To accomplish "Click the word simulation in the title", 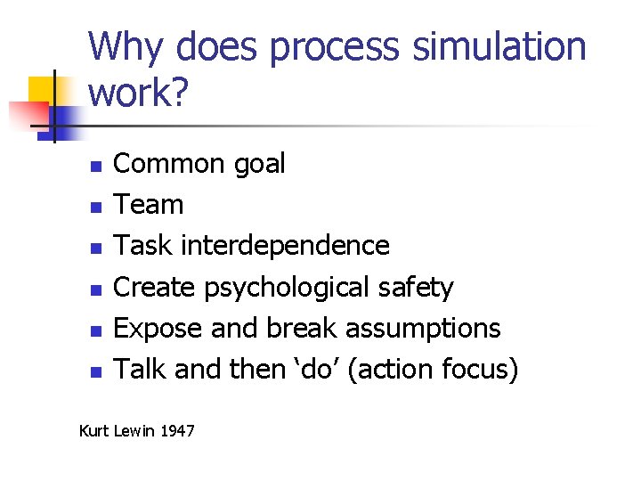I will point(500,47).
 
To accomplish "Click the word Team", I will point(149,205).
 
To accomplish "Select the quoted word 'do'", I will point(312,369).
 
